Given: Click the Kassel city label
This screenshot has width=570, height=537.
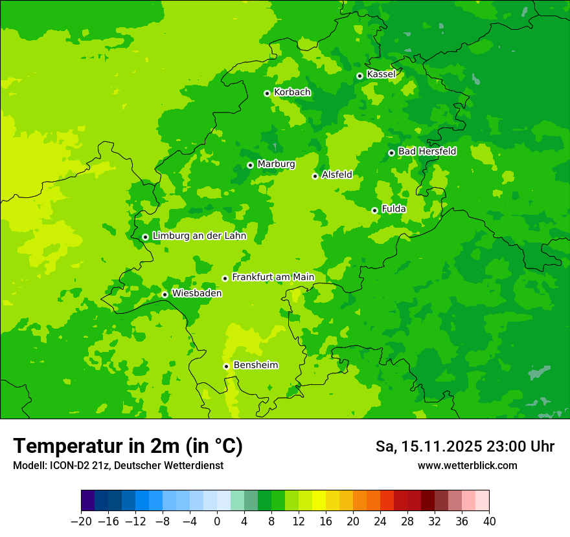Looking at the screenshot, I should click(x=381, y=74).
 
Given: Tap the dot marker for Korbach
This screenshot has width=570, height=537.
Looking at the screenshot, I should click(x=267, y=93).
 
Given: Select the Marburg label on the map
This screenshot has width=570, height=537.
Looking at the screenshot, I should click(x=276, y=164).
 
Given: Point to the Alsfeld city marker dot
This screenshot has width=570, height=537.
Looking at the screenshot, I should click(x=315, y=176).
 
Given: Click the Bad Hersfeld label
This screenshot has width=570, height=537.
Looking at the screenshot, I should click(x=427, y=151).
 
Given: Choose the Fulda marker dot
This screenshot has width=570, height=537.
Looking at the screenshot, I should click(x=374, y=210).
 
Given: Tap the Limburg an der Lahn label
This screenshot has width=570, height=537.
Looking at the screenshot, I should click(x=199, y=236).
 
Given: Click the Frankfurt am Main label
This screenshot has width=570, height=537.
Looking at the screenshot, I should click(x=273, y=278).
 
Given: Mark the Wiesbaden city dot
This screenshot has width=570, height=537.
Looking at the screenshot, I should click(x=165, y=294).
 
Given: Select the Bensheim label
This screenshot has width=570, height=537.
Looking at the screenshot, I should click(x=255, y=366).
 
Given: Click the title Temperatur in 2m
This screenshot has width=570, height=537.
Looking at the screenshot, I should click(x=128, y=446).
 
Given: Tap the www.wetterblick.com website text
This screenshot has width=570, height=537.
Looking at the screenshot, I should click(x=467, y=466).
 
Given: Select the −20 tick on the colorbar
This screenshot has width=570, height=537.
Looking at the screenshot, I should click(x=81, y=521).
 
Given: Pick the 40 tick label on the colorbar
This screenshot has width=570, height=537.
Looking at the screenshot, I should click(x=489, y=521).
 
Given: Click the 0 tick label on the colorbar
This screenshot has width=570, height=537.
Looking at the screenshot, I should click(x=217, y=521).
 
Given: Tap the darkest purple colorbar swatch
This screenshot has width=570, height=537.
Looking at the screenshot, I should click(x=87, y=501).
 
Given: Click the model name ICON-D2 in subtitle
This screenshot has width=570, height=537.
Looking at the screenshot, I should click(x=68, y=466).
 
